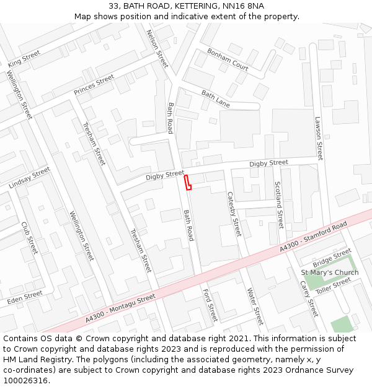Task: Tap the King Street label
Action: pyautogui.click(x=24, y=59)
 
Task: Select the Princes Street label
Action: pyautogui.click(x=94, y=85)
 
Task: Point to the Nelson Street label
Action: pyautogui.click(x=157, y=48)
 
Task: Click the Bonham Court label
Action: pyautogui.click(x=228, y=59)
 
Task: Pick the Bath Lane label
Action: pyautogui.click(x=215, y=99)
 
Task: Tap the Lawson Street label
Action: pyautogui.click(x=319, y=139)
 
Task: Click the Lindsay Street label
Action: pyautogui.click(x=29, y=178)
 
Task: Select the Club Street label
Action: pyautogui.click(x=29, y=238)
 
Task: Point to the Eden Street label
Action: pyautogui.click(x=25, y=298)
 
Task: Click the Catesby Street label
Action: pyautogui.click(x=233, y=214)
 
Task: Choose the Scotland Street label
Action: pyautogui.click(x=278, y=205)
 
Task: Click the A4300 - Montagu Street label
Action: pyautogui.click(x=122, y=308)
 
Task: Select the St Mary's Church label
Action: pyautogui.click(x=330, y=272)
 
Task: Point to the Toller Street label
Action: pyautogui.click(x=333, y=285)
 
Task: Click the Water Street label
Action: pyautogui.click(x=255, y=306)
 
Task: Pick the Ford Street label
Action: pyautogui.click(x=210, y=305)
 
